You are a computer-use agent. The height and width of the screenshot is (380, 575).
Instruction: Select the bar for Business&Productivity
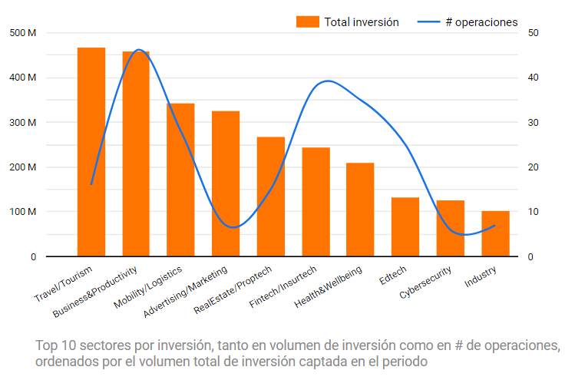coord(136,154)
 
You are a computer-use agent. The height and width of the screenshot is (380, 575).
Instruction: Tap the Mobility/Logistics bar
coord(180,180)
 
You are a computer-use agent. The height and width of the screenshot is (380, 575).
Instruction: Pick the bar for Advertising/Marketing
coord(226,183)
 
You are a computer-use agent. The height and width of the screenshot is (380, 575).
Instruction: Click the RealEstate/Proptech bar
coord(270,197)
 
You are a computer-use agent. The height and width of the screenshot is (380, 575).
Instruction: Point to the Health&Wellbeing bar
coord(360,210)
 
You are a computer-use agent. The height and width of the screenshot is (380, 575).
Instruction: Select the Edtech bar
coord(405,226)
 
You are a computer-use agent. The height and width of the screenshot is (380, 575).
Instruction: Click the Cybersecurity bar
coord(450,228)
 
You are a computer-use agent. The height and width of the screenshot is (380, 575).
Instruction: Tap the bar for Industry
coord(495,233)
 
